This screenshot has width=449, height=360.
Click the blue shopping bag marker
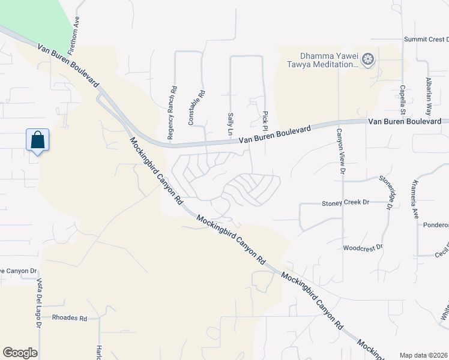point(37,140)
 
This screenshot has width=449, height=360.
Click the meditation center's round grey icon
point(368,60)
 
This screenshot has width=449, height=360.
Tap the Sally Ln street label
point(230,123)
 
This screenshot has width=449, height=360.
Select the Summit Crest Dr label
point(426,40)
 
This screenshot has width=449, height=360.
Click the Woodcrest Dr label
point(363,247)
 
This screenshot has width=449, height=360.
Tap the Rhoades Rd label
point(70,317)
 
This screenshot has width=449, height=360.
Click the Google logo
point(20,352)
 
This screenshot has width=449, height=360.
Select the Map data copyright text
point(423,355)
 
